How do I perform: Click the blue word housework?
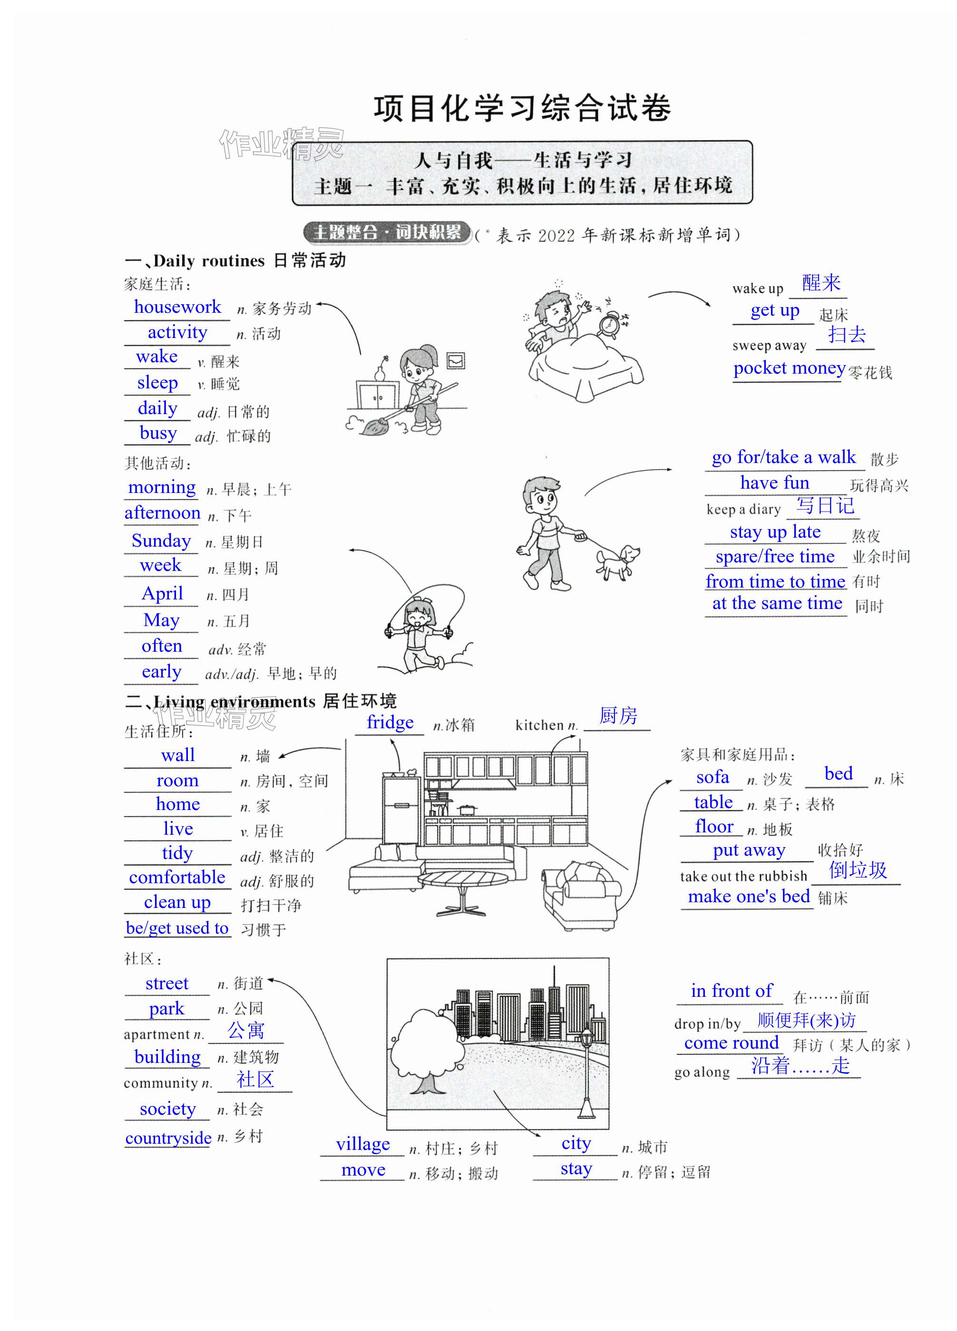[177, 307]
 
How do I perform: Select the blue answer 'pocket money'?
[789, 368]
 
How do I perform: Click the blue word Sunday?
[161, 540]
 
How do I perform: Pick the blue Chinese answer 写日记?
[825, 506]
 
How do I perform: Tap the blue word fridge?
[390, 723]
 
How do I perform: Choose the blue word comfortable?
[177, 878]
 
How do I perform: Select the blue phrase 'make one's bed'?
[749, 897]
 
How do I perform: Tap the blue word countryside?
[168, 1138]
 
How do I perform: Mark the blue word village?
[363, 1144]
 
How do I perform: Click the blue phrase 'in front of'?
[731, 991]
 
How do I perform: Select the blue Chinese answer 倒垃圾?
[857, 870]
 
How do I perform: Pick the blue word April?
[162, 594]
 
